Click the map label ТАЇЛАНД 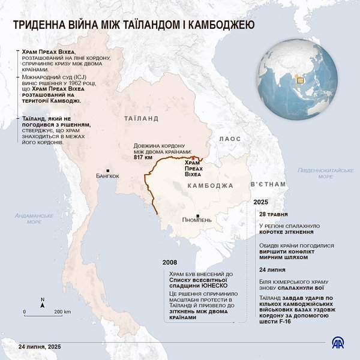tap(142, 119)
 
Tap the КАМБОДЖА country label tap(210, 186)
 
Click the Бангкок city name tap(108, 176)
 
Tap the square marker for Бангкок tap(107, 169)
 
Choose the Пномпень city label tap(197, 220)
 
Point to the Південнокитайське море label tap(326, 173)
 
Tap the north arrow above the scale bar tap(42, 302)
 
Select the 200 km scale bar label tap(62, 312)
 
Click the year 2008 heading tap(170, 263)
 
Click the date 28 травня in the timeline tap(272, 214)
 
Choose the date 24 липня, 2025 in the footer tap(40, 347)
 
